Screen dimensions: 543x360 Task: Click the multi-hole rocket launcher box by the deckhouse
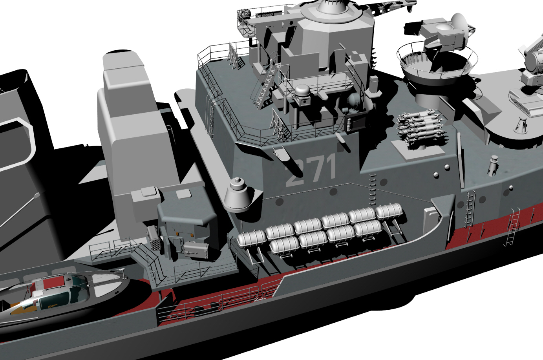click(153, 237)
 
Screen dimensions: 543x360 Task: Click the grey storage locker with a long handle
click(196, 249)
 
